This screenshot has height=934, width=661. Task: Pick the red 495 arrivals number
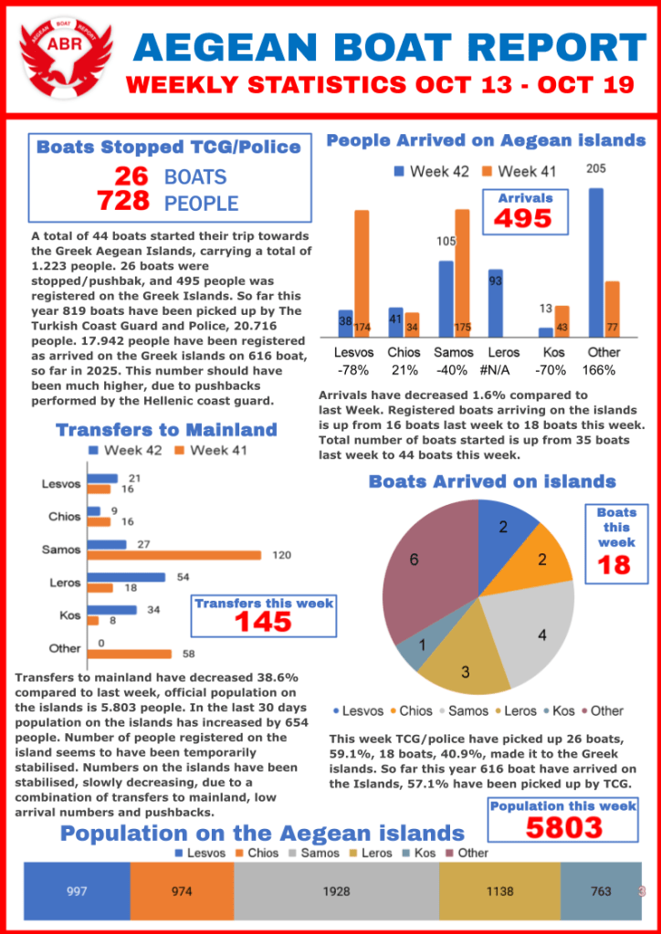(523, 219)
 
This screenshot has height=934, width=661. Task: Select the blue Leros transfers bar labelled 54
(127, 577)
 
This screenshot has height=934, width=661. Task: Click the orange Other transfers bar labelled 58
(130, 654)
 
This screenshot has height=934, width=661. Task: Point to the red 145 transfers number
(263, 621)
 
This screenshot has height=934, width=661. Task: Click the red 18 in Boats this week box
(615, 564)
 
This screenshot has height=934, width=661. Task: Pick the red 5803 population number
(563, 827)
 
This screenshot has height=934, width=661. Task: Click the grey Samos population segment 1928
(336, 891)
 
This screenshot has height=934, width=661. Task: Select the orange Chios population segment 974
(182, 891)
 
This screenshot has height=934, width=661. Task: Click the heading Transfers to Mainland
(166, 430)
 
